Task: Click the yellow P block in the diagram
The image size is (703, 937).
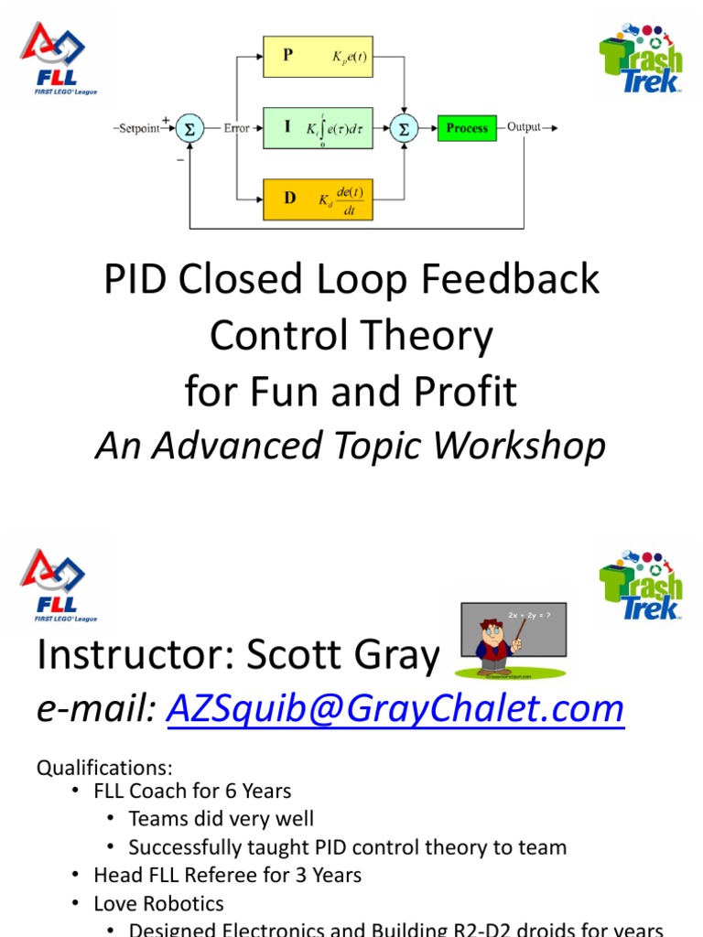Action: point(318,56)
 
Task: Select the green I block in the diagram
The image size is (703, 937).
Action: point(318,127)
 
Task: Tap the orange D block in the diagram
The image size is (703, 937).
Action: point(318,199)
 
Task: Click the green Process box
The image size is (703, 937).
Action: point(467,128)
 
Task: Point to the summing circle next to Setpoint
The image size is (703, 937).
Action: point(189,128)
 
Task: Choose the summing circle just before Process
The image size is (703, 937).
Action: point(403,128)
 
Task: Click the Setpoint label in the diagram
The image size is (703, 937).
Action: point(138,128)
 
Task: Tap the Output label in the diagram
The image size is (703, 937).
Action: point(524,128)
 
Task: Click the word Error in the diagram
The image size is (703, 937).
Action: point(237,128)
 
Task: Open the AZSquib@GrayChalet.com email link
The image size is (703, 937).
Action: point(395,708)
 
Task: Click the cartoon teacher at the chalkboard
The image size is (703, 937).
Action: point(498,641)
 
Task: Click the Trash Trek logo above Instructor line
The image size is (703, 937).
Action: point(642,587)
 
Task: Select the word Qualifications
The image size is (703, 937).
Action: point(104,767)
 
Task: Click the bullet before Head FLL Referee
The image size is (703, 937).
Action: point(76,876)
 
